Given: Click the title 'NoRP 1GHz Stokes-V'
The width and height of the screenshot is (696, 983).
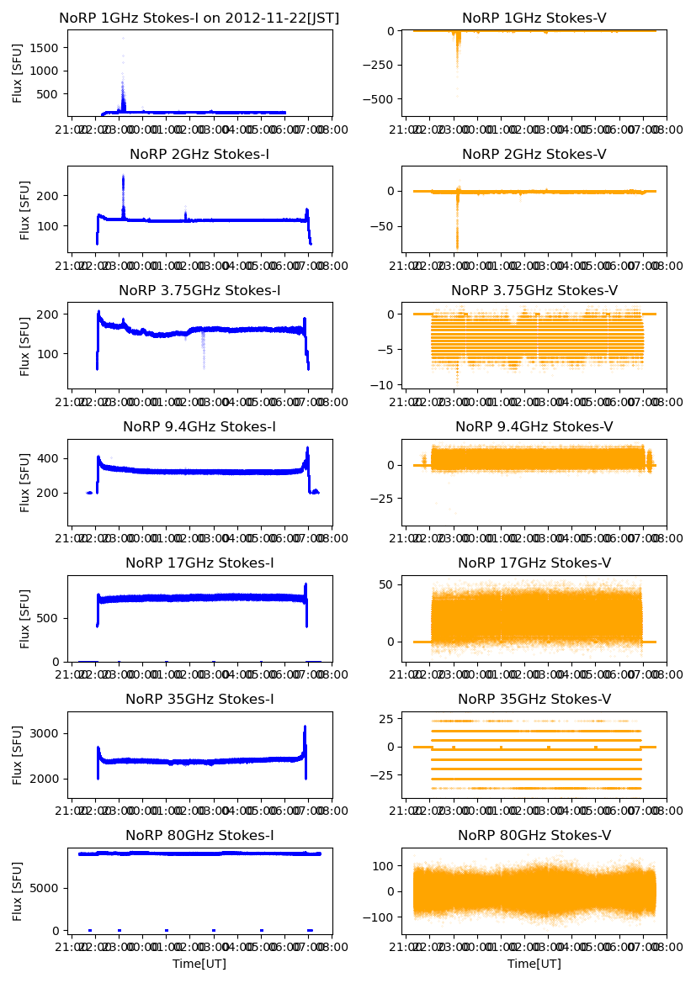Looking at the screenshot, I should coord(534,18).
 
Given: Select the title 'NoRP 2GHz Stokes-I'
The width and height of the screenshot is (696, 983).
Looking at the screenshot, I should coord(199,155).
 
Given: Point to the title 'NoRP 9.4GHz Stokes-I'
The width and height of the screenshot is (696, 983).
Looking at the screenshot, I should coord(199,427).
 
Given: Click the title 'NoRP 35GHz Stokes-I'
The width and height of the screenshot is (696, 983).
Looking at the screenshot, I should coord(199,700).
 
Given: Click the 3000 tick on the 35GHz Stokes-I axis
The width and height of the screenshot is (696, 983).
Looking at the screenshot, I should coord(48,733).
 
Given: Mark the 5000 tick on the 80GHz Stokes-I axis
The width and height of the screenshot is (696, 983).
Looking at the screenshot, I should coord(48,888).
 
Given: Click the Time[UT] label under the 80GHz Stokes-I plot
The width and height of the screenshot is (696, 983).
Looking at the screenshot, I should coord(199,964).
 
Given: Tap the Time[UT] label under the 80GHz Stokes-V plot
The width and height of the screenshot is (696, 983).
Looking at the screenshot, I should coord(534,964).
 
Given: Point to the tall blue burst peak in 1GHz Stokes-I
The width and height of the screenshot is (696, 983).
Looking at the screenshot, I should coord(123,39).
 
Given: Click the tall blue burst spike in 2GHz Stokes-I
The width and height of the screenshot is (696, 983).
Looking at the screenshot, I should coord(123,177).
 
